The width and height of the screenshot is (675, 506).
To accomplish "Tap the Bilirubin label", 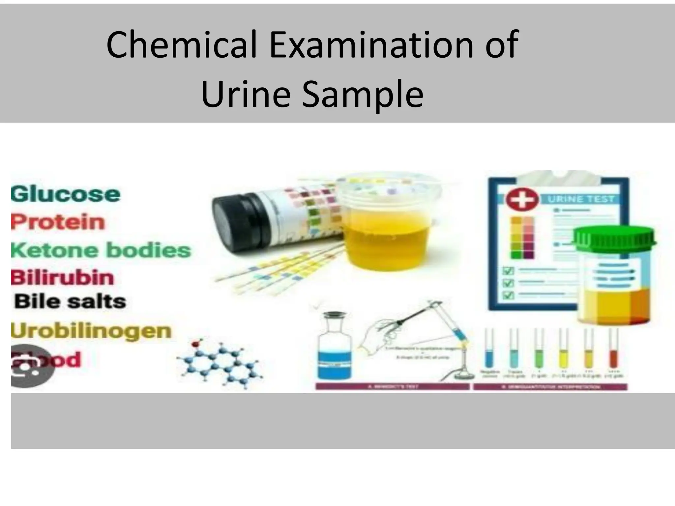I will coord(62,278).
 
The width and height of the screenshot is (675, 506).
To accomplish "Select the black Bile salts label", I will coord(70,301).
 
